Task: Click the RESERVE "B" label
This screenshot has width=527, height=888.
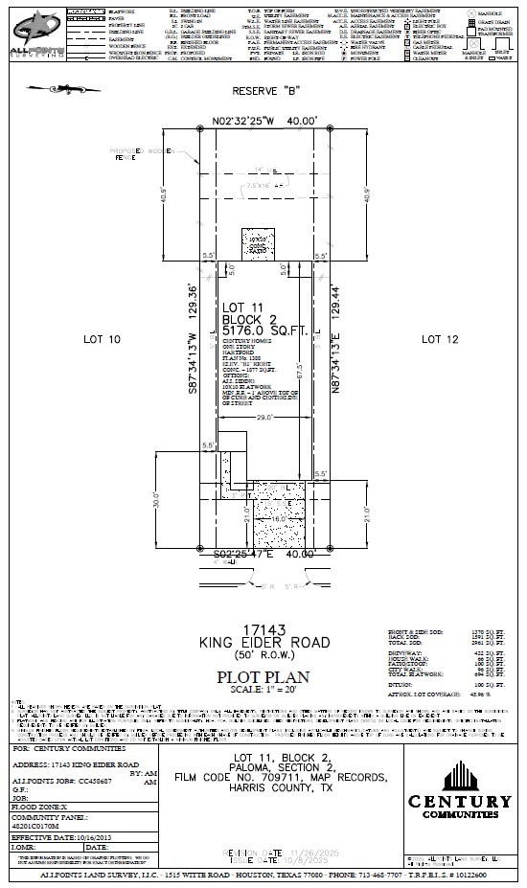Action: click(263, 92)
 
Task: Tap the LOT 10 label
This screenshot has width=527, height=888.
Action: click(103, 339)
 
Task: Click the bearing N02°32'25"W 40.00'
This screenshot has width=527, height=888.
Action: click(263, 123)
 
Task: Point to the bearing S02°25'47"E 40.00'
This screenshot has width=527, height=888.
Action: click(263, 554)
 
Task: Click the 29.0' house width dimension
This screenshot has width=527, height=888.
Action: click(263, 418)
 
